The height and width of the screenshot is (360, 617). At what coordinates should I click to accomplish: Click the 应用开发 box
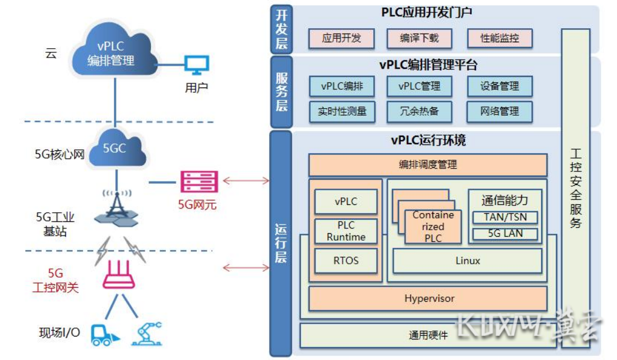pyautogui.click(x=341, y=39)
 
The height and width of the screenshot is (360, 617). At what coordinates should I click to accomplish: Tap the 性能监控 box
pyautogui.click(x=499, y=39)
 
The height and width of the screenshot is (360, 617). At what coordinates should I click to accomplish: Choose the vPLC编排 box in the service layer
pyautogui.click(x=342, y=86)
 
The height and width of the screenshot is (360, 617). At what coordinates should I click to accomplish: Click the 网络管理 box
pyautogui.click(x=499, y=111)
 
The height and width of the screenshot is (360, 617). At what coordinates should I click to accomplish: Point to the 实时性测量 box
pyautogui.click(x=342, y=111)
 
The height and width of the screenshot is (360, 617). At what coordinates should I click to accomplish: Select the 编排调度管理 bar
pyautogui.click(x=428, y=165)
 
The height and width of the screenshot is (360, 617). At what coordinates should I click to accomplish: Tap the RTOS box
pyautogui.click(x=346, y=261)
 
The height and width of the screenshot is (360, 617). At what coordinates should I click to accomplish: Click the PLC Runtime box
pyautogui.click(x=346, y=231)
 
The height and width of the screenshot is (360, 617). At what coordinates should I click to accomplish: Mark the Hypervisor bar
pyautogui.click(x=429, y=298)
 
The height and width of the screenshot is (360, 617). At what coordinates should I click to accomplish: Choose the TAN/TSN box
pyautogui.click(x=505, y=217)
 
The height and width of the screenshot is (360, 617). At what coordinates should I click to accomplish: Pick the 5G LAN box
pyautogui.click(x=505, y=234)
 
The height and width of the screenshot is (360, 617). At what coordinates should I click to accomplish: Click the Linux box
pyautogui.click(x=468, y=261)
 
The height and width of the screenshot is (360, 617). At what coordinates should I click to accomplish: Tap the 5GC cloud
pyautogui.click(x=115, y=148)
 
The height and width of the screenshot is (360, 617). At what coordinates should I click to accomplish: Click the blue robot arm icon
pyautogui.click(x=147, y=332)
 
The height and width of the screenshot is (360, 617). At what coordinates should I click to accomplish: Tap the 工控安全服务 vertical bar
pyautogui.click(x=575, y=188)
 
